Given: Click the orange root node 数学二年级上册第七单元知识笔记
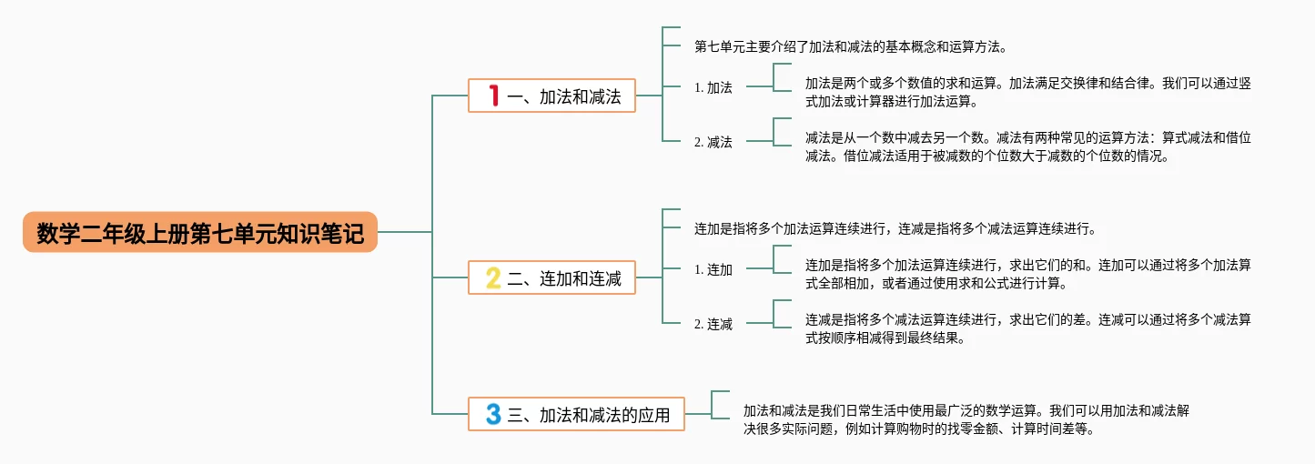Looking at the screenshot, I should pos(200,233).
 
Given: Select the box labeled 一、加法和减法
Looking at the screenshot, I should pos(551,96).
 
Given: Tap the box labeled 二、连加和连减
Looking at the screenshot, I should pos(551,277).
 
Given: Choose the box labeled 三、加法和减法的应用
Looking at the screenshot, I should pos(576,415).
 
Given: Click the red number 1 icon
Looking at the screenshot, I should pos(493,96).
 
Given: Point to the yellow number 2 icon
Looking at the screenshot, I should pos(493,277).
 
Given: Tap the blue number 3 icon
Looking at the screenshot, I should pos(493,415).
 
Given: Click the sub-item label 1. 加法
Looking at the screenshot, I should pos(713,87).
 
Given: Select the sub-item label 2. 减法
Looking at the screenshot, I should pos(713,142).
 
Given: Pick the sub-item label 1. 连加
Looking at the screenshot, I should pos(713,269).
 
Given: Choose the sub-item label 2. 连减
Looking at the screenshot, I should pos(713,324).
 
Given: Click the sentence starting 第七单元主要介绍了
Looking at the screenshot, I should pos(850,46).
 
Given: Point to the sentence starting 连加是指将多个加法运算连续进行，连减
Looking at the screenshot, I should pos(895,228).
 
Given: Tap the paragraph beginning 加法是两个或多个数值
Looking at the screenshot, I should pos(1027,92).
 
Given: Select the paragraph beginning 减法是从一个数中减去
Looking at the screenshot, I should pos(1027,146).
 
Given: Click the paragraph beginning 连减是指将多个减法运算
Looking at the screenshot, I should pos(1027,328).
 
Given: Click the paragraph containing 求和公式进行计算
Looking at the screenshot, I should pos(1027,274).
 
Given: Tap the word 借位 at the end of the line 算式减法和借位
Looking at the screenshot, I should pos(1238,138).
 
